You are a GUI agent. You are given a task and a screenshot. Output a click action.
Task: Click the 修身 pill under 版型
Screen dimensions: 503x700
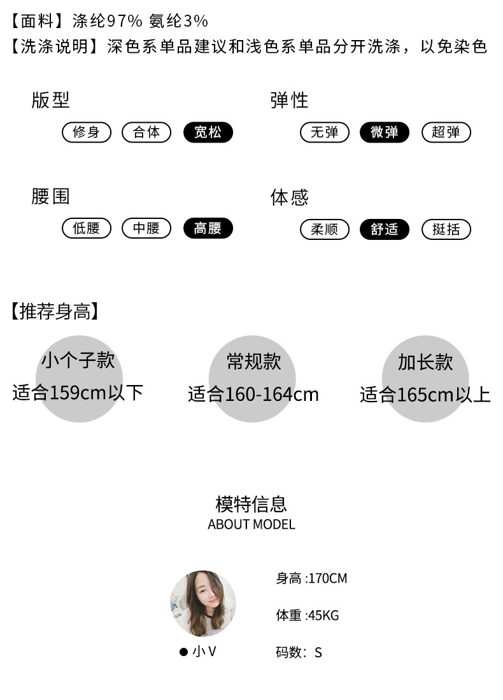coord(87,132)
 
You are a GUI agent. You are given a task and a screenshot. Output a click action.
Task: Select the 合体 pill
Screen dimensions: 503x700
coord(146,132)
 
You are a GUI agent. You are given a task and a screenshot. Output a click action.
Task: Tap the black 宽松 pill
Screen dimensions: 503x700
coord(208,132)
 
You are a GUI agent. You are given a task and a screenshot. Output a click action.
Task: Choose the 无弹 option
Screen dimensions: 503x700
coord(325,132)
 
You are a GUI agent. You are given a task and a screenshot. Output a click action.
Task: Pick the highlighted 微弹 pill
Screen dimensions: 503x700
coord(385,132)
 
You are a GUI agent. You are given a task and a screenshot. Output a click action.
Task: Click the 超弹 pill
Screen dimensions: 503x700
coord(446,132)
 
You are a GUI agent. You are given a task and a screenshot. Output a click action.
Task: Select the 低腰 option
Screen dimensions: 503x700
coord(87,228)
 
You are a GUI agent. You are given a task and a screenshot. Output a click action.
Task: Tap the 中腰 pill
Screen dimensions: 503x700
coord(146,228)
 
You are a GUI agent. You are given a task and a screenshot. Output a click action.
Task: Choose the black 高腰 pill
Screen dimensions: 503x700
coord(208,228)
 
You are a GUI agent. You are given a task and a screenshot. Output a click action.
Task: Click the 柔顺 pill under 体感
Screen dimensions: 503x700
coord(325,230)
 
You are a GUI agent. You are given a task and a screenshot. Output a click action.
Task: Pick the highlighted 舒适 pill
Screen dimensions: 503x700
coord(385,230)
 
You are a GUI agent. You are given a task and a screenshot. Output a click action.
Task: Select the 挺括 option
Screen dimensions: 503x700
coord(446,230)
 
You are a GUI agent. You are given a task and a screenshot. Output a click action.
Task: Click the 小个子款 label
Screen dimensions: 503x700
coord(78,360)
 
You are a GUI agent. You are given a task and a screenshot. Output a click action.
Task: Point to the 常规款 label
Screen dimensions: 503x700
coord(253,361)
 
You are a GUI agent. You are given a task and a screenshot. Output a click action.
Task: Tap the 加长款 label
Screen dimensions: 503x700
coord(425,362)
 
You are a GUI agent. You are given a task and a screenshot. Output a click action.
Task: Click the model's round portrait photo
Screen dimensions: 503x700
coord(203,603)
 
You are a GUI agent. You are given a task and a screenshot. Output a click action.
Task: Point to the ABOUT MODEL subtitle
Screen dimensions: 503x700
coord(251,525)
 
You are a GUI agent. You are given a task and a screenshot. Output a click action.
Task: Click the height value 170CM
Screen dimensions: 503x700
coord(328,578)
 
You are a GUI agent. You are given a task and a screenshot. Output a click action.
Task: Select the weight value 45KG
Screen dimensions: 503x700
coord(323,615)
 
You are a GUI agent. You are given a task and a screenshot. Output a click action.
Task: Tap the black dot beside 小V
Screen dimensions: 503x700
coord(183,652)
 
